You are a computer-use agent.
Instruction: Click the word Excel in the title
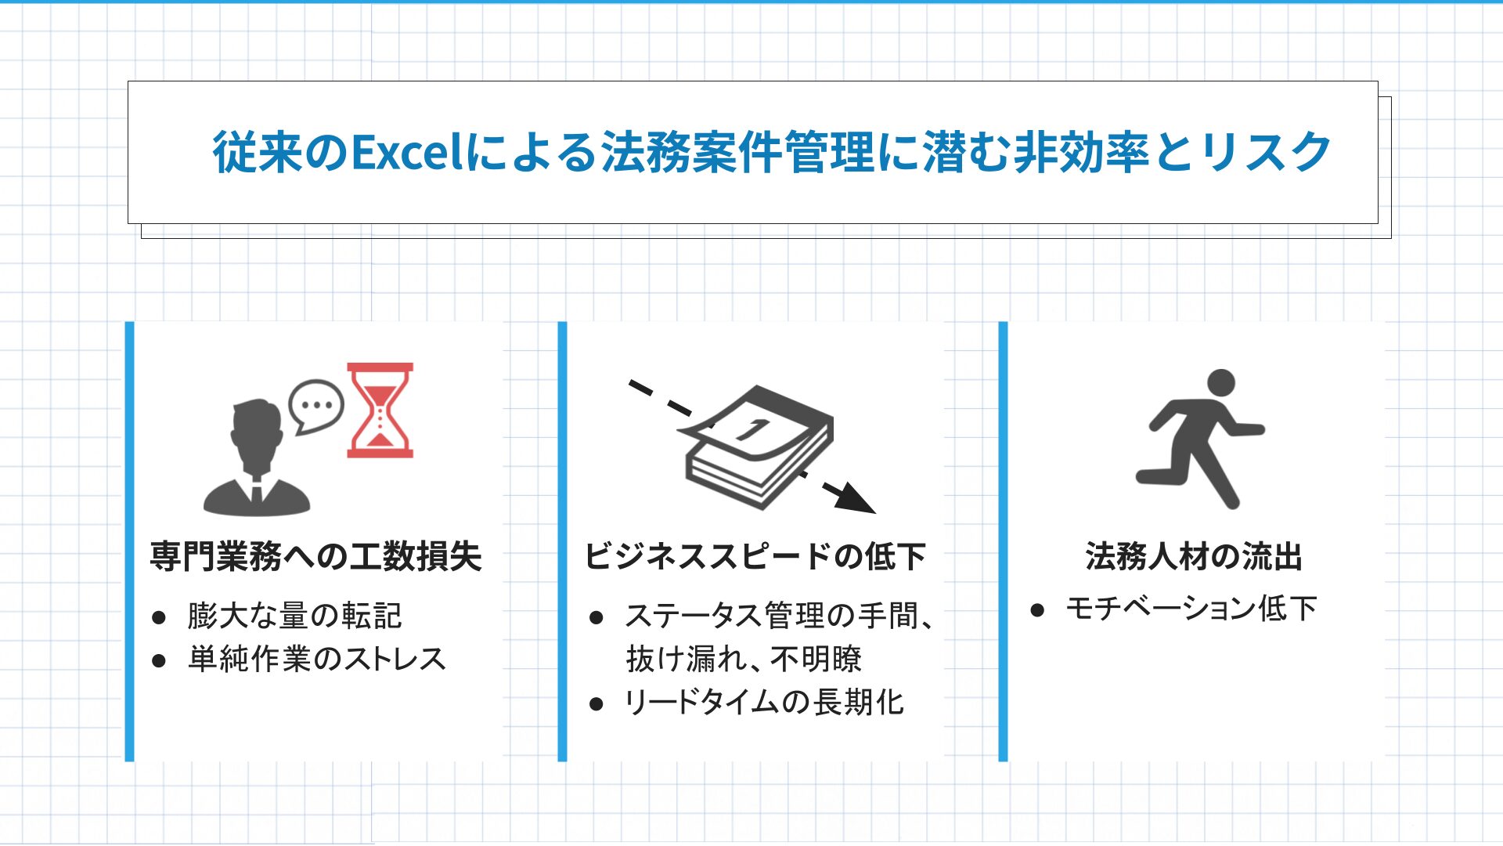(408, 152)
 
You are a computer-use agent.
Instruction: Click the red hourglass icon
(380, 410)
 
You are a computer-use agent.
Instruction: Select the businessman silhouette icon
(256, 458)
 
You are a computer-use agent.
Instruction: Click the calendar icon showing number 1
(758, 446)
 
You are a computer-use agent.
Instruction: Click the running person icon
(1199, 438)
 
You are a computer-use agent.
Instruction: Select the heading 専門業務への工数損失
(315, 556)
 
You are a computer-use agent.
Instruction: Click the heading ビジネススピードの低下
(755, 556)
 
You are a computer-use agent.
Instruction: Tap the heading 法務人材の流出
(1194, 556)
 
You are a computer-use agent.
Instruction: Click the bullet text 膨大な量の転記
(294, 616)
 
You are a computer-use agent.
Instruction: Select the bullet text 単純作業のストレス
(317, 659)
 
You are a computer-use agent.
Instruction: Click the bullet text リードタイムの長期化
(764, 702)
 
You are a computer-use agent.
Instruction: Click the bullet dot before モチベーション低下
(1037, 610)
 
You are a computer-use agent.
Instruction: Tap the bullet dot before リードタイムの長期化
(597, 704)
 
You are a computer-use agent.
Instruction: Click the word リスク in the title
(1264, 152)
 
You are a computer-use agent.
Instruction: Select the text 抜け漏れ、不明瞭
(744, 659)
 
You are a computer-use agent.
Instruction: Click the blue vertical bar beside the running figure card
(1003, 541)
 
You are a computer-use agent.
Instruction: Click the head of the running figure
(1220, 383)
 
